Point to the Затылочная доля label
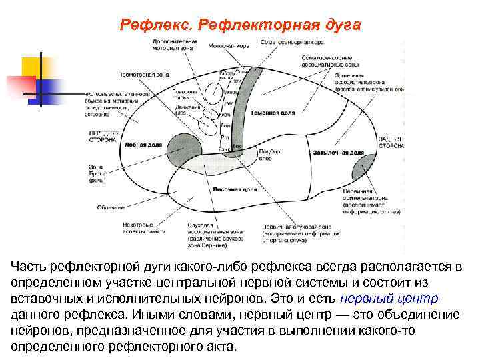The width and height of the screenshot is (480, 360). (334, 153)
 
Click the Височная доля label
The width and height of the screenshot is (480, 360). (234, 189)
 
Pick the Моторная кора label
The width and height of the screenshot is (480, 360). (229, 47)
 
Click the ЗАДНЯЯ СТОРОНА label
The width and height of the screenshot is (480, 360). (390, 141)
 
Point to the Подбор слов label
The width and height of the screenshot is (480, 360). (265, 157)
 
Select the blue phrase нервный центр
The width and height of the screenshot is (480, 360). (395, 298)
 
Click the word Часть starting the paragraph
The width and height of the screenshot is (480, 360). (29, 267)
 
